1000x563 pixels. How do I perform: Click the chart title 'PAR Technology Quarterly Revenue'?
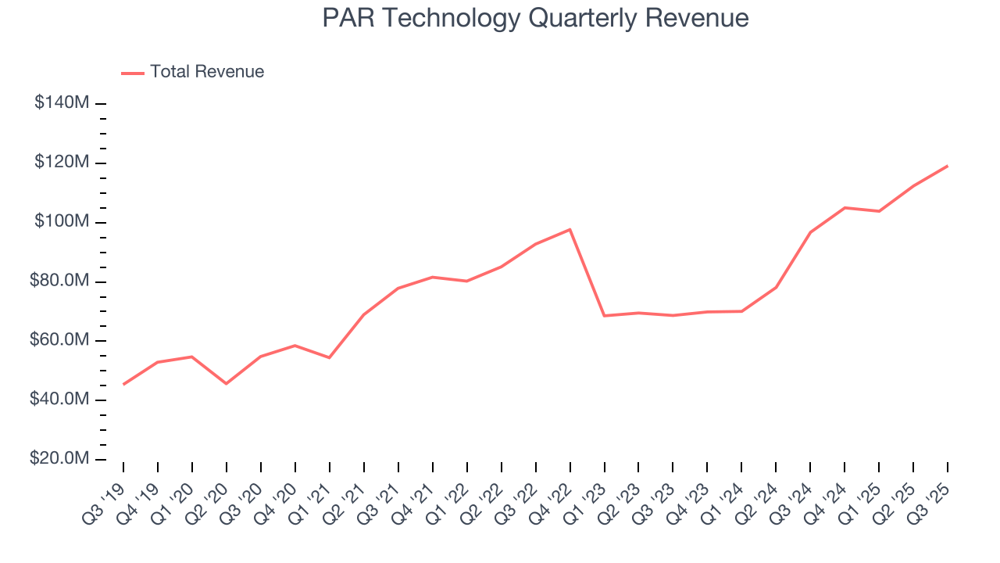click(535, 18)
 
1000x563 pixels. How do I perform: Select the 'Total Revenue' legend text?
click(207, 72)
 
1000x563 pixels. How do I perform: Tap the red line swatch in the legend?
click(133, 73)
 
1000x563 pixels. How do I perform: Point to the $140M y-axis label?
click(61, 103)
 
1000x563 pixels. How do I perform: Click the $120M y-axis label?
click(61, 163)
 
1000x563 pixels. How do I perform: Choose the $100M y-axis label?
click(61, 222)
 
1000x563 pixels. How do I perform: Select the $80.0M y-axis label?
click(59, 281)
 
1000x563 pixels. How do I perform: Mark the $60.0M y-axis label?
click(59, 341)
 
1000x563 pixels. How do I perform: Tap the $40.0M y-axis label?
click(59, 400)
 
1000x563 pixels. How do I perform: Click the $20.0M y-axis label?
click(59, 459)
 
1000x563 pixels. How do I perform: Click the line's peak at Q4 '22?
click(570, 229)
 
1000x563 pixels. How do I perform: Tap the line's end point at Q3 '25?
click(948, 166)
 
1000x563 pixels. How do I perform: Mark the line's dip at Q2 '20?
click(227, 383)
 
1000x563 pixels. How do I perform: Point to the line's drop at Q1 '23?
click(605, 315)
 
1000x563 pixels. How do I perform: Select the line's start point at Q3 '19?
click(123, 384)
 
